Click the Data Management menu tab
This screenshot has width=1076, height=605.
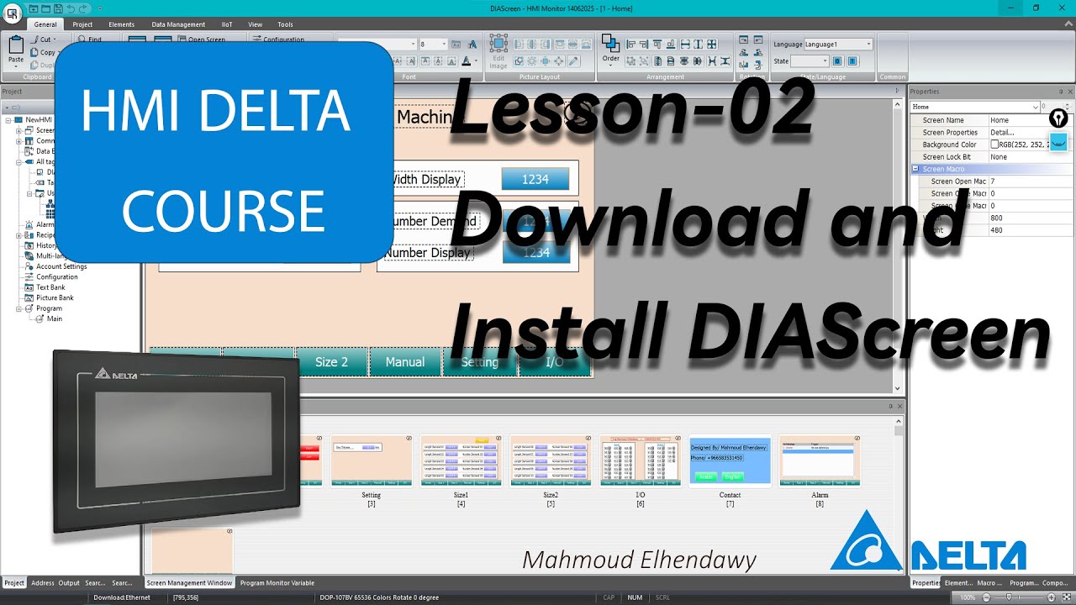(x=178, y=24)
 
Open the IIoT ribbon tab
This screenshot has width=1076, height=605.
(x=227, y=24)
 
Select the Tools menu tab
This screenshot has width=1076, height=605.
(x=285, y=24)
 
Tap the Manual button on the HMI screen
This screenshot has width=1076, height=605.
(x=405, y=362)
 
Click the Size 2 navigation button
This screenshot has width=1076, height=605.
(x=331, y=362)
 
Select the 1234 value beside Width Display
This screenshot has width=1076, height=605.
(x=535, y=179)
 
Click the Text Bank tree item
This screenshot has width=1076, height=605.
(x=50, y=287)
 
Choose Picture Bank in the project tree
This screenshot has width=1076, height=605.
(x=55, y=297)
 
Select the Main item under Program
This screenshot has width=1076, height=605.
(x=54, y=318)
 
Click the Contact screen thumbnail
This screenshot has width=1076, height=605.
(x=730, y=460)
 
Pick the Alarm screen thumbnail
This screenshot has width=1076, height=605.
(x=820, y=460)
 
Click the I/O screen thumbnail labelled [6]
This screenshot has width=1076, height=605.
(x=641, y=460)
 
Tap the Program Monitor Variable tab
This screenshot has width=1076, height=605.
(x=277, y=582)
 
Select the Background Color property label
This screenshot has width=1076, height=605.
(x=949, y=145)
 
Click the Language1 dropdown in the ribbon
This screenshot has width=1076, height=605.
(x=838, y=44)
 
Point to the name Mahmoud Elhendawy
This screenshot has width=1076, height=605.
(x=639, y=560)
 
